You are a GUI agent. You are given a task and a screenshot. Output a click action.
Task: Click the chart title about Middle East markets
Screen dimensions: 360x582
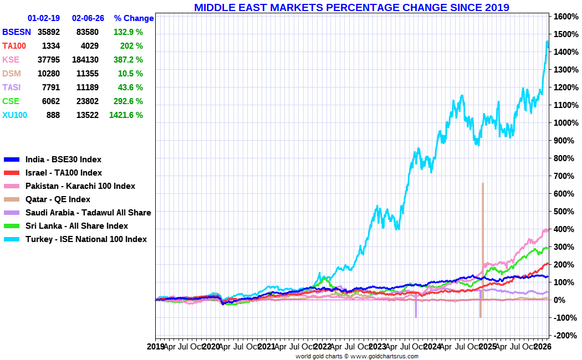(351, 7)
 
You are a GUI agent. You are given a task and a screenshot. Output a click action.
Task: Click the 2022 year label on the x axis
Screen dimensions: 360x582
(322, 347)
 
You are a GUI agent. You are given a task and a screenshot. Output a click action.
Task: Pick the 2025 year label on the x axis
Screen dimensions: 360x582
(487, 347)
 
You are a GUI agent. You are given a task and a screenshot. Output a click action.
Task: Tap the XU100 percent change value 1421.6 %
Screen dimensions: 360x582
(128, 115)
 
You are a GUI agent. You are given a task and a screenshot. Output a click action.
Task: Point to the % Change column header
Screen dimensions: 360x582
(134, 18)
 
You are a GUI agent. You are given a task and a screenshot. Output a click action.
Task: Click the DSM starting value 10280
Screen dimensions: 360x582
(49, 74)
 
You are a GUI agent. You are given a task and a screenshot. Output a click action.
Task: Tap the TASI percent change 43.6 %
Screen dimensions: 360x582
(128, 88)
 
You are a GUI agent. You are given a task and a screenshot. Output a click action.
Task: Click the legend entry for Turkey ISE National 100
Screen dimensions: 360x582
(86, 239)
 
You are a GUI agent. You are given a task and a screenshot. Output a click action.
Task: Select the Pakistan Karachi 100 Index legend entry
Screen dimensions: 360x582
(80, 186)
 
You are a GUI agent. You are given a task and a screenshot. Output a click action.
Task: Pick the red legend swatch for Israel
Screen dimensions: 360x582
(12, 173)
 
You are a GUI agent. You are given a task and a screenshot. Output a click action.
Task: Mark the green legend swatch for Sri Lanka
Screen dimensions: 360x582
(12, 226)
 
